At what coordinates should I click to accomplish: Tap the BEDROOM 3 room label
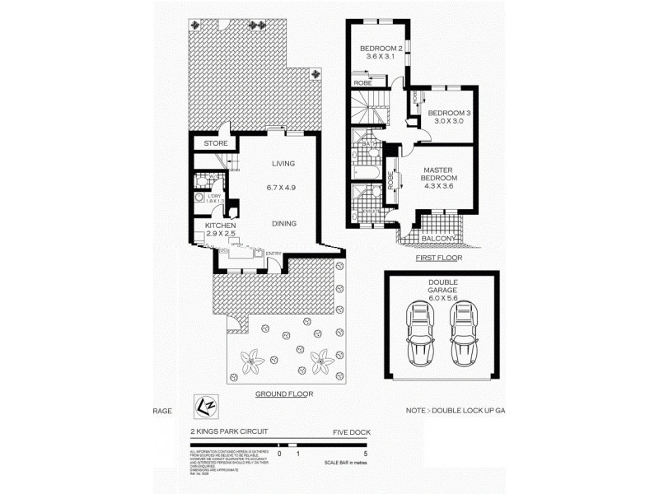click(x=449, y=112)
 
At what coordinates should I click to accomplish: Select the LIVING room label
click(x=283, y=164)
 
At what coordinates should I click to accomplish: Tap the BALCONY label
click(x=439, y=239)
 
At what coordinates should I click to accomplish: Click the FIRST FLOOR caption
click(x=439, y=258)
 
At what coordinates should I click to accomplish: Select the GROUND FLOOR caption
click(x=283, y=394)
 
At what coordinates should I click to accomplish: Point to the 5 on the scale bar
click(x=364, y=454)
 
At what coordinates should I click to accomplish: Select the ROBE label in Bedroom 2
click(x=362, y=83)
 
